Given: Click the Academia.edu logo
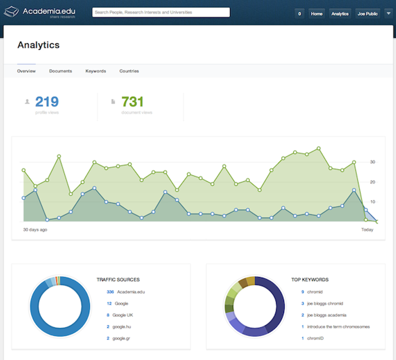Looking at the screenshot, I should [39, 12].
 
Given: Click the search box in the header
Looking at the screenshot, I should [161, 13].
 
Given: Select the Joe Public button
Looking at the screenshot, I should [367, 14].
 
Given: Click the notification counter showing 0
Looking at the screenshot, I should [299, 14].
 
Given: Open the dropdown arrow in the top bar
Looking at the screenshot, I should [388, 14].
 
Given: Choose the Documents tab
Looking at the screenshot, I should [61, 71].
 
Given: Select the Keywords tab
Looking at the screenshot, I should [96, 71].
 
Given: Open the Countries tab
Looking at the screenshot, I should [129, 71].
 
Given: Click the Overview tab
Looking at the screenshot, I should [26, 71].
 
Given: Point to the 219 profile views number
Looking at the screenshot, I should [47, 102].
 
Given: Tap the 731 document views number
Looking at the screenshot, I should [133, 102].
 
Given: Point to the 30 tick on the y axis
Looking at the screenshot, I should [373, 162].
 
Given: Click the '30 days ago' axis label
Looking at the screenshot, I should [35, 230].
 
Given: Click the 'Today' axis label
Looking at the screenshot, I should [367, 230].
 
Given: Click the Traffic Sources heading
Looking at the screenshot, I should [118, 280].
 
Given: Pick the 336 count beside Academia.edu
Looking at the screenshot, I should [110, 292].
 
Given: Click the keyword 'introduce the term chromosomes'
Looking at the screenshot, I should [338, 327].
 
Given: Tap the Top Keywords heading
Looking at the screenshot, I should [310, 280].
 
